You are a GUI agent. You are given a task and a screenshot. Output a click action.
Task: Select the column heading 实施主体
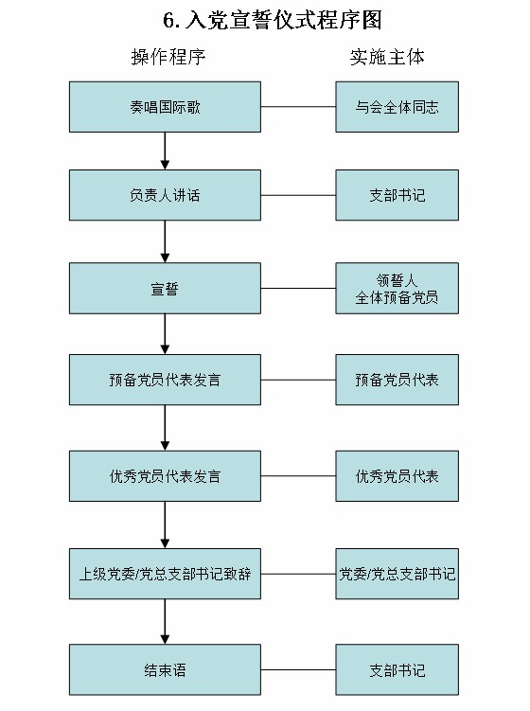point(386,57)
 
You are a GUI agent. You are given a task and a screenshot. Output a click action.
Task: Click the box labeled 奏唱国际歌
point(165,106)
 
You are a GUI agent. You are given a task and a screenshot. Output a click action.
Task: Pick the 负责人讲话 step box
point(165,195)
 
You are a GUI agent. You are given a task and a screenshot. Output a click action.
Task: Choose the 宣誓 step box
point(165,288)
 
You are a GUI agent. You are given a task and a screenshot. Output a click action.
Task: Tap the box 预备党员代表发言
point(165,380)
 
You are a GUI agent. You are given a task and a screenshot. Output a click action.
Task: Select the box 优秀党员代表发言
point(165,476)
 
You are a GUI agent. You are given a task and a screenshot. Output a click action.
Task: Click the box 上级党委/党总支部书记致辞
point(165,574)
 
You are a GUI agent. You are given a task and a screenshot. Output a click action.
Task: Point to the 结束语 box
point(165,669)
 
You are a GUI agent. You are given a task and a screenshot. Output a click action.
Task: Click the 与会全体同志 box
point(397,106)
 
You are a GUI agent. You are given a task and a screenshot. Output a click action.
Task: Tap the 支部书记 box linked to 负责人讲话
point(397,195)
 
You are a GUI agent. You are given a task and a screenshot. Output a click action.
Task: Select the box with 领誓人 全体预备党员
point(397,288)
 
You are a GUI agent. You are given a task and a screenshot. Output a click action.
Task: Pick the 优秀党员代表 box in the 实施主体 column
point(397,476)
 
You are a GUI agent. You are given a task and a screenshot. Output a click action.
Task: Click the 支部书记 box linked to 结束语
point(397,669)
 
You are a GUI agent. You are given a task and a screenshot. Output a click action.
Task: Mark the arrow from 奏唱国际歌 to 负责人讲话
point(165,151)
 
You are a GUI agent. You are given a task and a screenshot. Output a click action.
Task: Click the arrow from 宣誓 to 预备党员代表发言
point(165,333)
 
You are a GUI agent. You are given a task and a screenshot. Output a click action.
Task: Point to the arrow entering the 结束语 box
point(165,621)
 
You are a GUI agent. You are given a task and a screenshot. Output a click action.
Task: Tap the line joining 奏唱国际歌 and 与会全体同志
point(298,106)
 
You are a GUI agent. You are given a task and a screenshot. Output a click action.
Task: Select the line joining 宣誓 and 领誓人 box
point(298,288)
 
